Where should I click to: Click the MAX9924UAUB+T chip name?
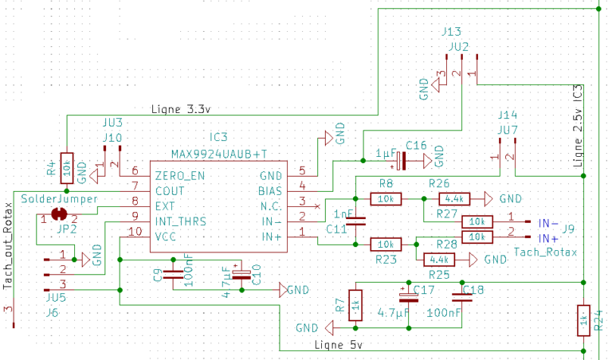pos(219,153)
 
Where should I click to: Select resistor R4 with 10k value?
pos(67,168)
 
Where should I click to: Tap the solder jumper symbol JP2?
pos(57,213)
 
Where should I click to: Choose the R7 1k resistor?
pos(356,303)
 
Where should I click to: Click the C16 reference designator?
pos(415,146)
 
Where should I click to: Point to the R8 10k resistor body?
pos(386,198)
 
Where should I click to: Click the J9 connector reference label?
pos(568,230)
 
